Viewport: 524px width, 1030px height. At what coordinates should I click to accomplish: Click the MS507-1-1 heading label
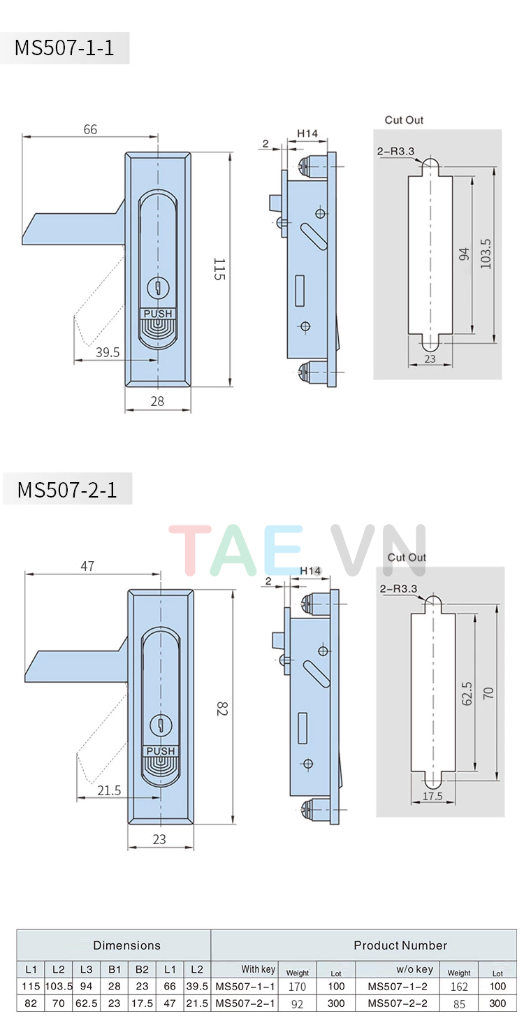click(64, 48)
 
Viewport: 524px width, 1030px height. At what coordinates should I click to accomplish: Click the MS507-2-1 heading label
click(66, 489)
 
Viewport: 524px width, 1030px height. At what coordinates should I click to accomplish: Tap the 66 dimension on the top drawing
click(90, 129)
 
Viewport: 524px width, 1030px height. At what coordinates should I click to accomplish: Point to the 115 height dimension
click(219, 269)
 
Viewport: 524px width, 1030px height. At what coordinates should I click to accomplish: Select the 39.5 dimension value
click(107, 353)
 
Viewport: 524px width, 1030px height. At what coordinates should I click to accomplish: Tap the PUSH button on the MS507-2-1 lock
click(161, 751)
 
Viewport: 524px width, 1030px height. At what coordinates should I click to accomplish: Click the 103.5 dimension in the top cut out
click(486, 253)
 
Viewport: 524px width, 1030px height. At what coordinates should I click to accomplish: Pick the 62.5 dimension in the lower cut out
click(467, 695)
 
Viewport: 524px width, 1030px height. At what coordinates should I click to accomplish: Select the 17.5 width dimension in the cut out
click(432, 796)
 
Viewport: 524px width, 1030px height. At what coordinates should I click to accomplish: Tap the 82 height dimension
click(222, 709)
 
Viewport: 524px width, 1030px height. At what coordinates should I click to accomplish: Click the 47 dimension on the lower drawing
click(87, 566)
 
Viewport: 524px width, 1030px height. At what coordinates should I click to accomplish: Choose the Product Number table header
click(400, 945)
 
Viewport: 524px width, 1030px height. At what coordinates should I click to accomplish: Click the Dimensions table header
click(126, 945)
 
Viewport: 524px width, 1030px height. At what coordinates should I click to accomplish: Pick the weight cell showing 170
click(297, 987)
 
